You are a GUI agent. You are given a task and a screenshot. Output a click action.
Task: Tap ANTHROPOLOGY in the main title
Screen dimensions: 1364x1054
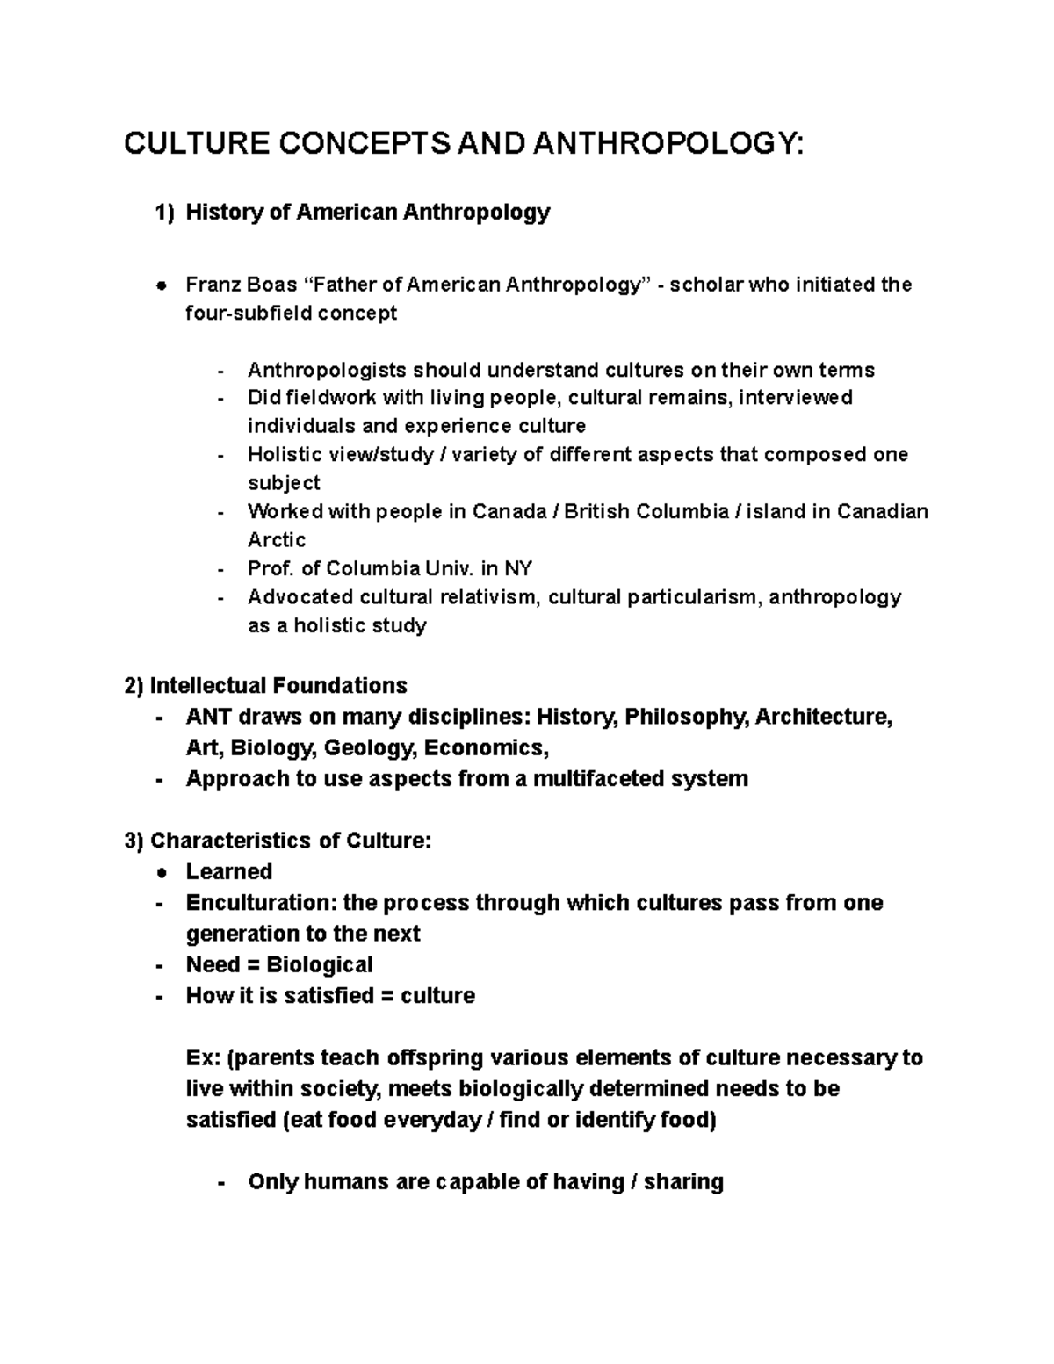pyautogui.click(x=667, y=143)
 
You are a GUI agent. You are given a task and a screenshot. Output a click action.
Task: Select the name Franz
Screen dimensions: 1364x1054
pyautogui.click(x=209, y=285)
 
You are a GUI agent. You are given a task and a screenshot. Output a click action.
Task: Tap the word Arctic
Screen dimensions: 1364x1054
pyautogui.click(x=277, y=539)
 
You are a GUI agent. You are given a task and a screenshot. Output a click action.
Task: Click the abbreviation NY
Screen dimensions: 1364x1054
pyautogui.click(x=517, y=568)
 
